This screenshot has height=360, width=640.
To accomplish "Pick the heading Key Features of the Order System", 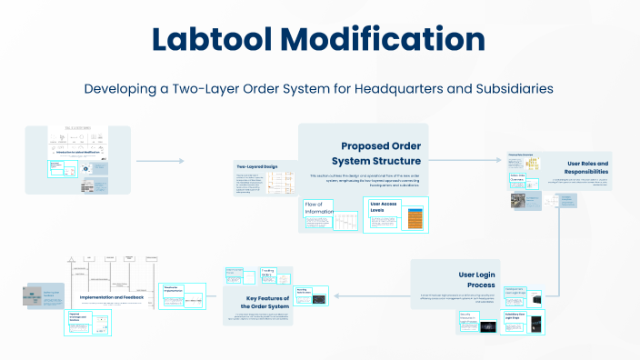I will [x=266, y=302].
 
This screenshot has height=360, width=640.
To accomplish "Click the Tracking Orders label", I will [x=269, y=273].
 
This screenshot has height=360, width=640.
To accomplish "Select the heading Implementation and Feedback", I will [x=113, y=296].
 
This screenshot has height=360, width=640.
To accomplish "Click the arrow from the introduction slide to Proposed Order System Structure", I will [x=160, y=161].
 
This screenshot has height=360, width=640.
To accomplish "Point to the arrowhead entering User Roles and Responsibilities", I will [x=503, y=161].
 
